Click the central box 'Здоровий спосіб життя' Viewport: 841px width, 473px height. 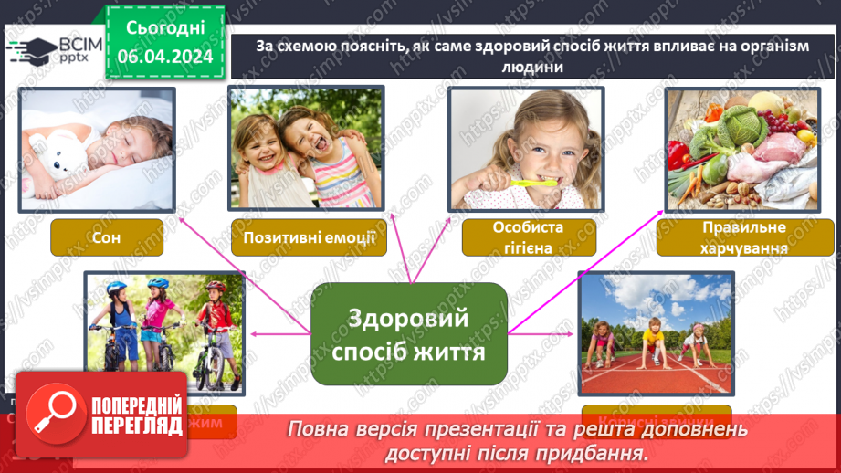pyautogui.click(x=409, y=333)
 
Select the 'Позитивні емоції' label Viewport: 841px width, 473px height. pyautogui.click(x=305, y=237)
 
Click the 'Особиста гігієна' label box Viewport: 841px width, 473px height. pyautogui.click(x=529, y=237)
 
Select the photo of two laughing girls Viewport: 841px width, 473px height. pyautogui.click(x=306, y=149)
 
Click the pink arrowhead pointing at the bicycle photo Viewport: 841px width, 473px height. pyautogui.click(x=253, y=335)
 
